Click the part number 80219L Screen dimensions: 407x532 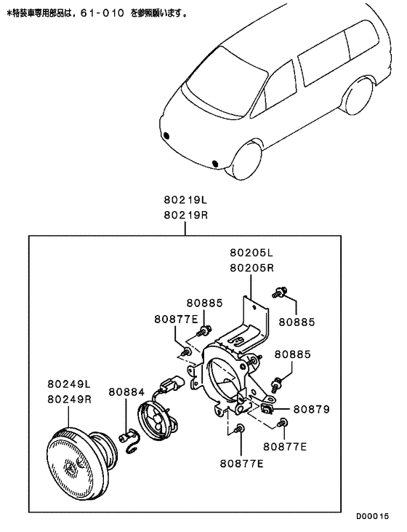185,200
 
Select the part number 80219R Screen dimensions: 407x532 185,215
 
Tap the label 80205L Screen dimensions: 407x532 251,253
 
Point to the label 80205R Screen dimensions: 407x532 251,268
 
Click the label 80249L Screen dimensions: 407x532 69,384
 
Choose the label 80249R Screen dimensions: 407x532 70,399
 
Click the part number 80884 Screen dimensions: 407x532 126,392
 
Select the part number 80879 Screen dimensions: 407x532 311,409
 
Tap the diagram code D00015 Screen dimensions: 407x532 372,516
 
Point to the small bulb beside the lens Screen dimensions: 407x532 126,437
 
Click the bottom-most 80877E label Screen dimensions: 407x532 241,463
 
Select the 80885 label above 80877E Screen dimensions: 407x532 205,303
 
